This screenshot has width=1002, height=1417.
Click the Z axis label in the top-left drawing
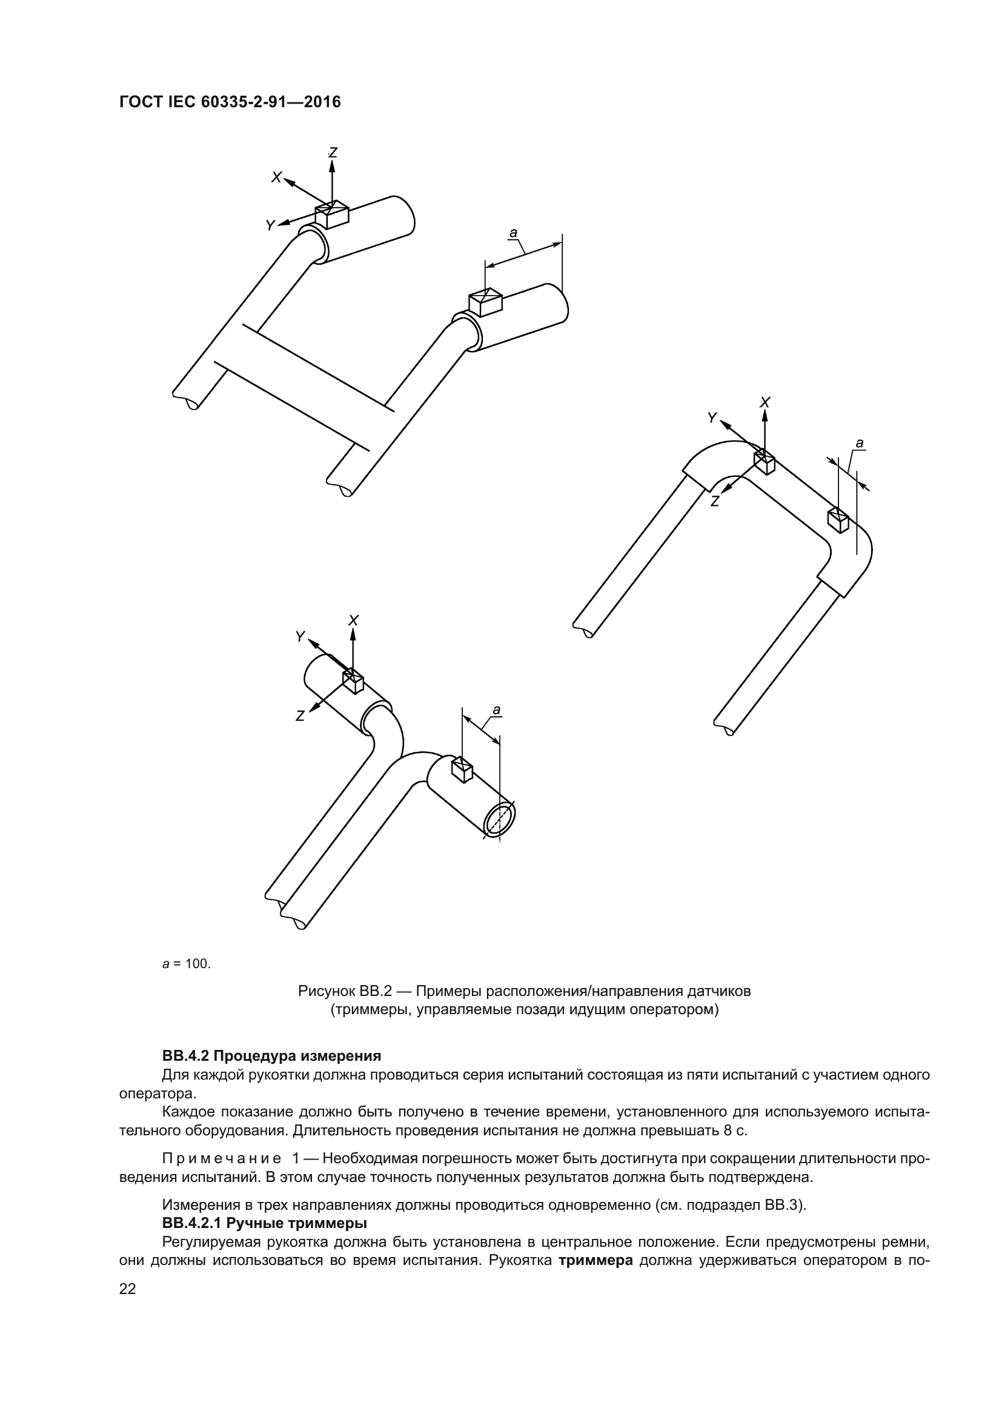pos(333,152)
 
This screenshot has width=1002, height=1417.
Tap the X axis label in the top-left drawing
pos(276,178)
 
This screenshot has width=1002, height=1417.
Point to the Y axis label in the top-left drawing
pos(270,226)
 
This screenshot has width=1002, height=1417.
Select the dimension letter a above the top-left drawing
pos(513,233)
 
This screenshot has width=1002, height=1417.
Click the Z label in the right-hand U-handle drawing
pos(714,501)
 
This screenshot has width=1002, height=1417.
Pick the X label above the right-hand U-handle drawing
pos(765,402)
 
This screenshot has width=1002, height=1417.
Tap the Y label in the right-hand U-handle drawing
pos(712,418)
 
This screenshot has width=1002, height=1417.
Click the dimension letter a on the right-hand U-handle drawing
pos(860,443)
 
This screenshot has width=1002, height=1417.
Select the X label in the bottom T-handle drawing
pos(354,620)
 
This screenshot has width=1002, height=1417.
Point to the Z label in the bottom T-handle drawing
pos(300,716)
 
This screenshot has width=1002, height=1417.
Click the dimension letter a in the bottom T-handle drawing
pos(496,709)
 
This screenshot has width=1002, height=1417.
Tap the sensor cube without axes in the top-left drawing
pos(486,302)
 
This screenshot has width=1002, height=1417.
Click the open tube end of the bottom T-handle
pos(499,820)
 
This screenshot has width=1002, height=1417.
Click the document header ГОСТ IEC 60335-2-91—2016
pos(230,102)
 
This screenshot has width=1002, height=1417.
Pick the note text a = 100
pos(187,964)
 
